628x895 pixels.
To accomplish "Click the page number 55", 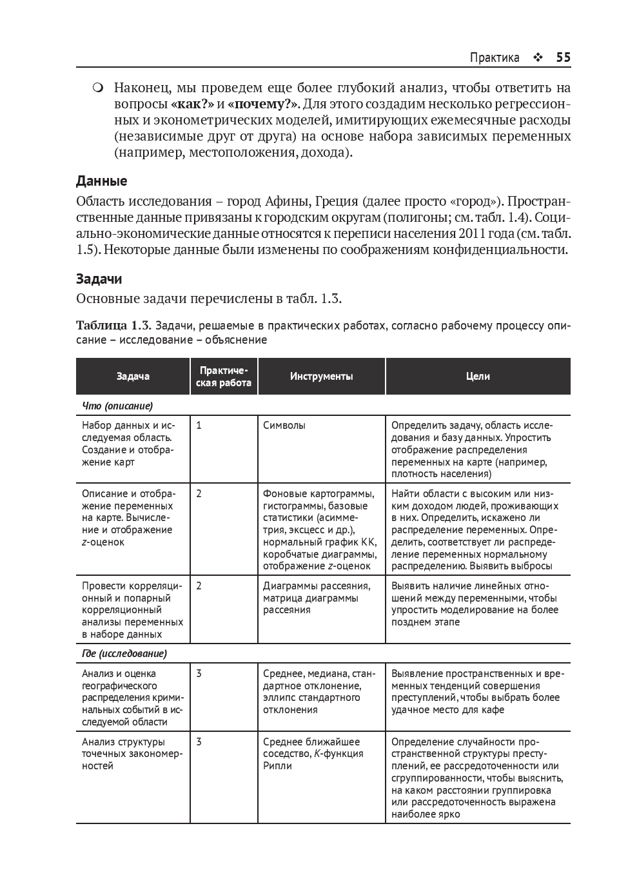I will click(563, 57).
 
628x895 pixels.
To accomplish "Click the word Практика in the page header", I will click(495, 57).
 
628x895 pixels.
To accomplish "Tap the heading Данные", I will click(101, 181).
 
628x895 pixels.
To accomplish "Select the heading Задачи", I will click(99, 279).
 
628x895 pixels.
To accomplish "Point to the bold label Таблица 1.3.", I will click(113, 325).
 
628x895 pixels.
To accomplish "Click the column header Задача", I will click(133, 376).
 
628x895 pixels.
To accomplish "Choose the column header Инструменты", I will click(321, 376).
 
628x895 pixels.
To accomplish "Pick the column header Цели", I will click(478, 376).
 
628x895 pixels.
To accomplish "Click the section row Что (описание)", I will click(117, 406).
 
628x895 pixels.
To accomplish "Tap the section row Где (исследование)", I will click(124, 654).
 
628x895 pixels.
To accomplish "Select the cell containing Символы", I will click(284, 425).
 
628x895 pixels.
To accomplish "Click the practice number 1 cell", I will click(199, 425).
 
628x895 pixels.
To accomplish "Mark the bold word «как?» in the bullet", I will click(192, 104).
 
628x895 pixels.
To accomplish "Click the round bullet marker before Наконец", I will click(97, 88).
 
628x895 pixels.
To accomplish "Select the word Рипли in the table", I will click(277, 766).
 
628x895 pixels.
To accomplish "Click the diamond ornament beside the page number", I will click(538, 57).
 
